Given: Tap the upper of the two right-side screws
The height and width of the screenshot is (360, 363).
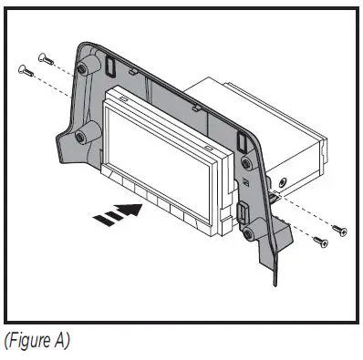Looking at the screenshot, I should pos(339,228).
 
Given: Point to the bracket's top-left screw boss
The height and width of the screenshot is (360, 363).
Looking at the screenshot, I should pos(85,69).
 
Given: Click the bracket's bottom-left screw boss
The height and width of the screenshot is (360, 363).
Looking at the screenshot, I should pos(81,137).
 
